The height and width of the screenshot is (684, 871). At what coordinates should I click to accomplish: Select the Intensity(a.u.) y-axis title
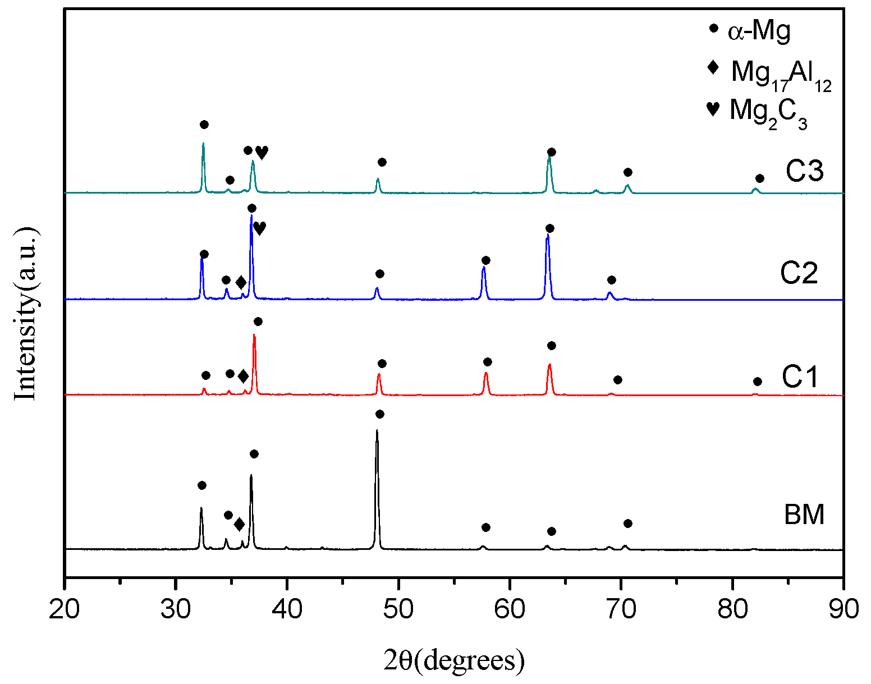click(x=26, y=313)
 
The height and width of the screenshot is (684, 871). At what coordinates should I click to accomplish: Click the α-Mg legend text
click(x=759, y=31)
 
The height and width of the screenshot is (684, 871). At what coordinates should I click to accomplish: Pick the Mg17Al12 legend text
click(x=781, y=74)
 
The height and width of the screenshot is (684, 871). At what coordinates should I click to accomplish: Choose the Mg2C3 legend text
click(x=768, y=112)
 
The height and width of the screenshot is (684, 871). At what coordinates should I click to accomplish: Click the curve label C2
click(x=799, y=274)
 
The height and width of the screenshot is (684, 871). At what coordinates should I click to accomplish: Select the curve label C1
click(x=801, y=377)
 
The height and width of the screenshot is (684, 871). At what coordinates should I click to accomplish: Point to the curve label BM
click(x=804, y=515)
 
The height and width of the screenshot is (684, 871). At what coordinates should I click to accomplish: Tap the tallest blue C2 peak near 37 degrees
click(x=251, y=217)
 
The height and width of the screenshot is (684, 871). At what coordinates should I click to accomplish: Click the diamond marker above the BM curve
click(x=239, y=525)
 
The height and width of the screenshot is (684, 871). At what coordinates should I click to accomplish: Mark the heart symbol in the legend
click(x=713, y=108)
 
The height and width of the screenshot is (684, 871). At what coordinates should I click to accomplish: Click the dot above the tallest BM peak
click(x=379, y=414)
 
